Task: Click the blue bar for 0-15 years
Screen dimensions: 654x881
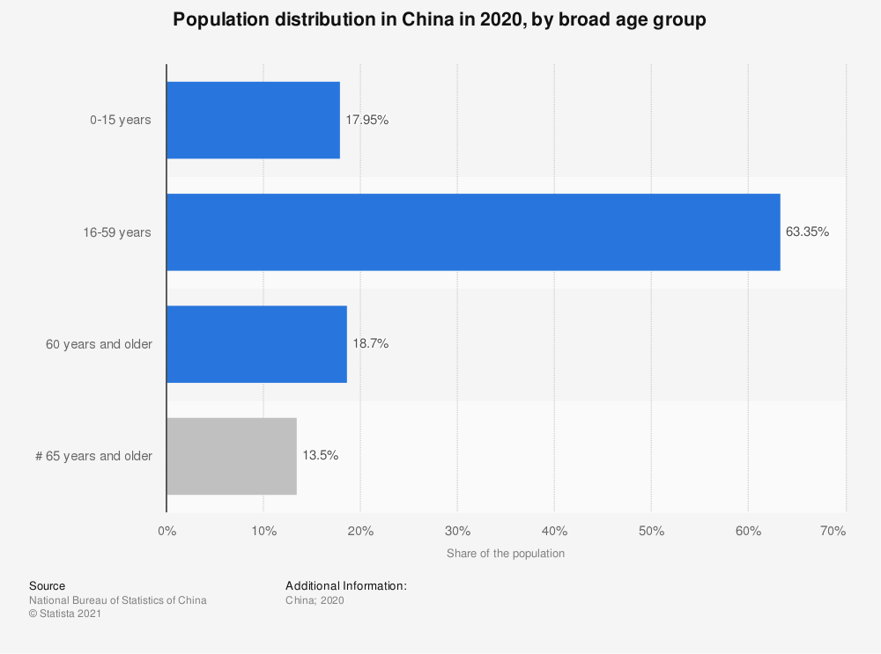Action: point(253,121)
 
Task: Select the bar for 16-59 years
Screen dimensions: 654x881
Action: point(473,232)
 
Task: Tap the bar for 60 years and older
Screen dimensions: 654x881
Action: point(256,344)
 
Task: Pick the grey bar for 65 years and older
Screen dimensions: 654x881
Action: point(232,456)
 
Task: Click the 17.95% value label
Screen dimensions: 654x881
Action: point(366,121)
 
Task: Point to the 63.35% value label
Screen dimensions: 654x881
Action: point(807,232)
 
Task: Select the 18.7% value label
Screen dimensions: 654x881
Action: point(370,344)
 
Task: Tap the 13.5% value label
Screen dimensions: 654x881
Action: point(320,456)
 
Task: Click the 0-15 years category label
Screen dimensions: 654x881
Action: point(121,121)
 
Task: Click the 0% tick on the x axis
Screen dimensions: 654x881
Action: point(167,531)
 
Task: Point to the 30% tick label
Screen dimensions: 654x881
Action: point(457,531)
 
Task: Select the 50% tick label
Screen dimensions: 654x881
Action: point(651,531)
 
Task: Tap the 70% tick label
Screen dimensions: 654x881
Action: point(833,531)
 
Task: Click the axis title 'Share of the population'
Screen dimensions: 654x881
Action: point(506,554)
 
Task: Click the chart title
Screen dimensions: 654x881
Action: point(440,20)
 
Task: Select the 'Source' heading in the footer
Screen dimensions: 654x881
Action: point(47,585)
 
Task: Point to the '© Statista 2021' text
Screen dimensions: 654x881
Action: point(65,614)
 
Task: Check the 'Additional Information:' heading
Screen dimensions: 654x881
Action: point(346,585)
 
